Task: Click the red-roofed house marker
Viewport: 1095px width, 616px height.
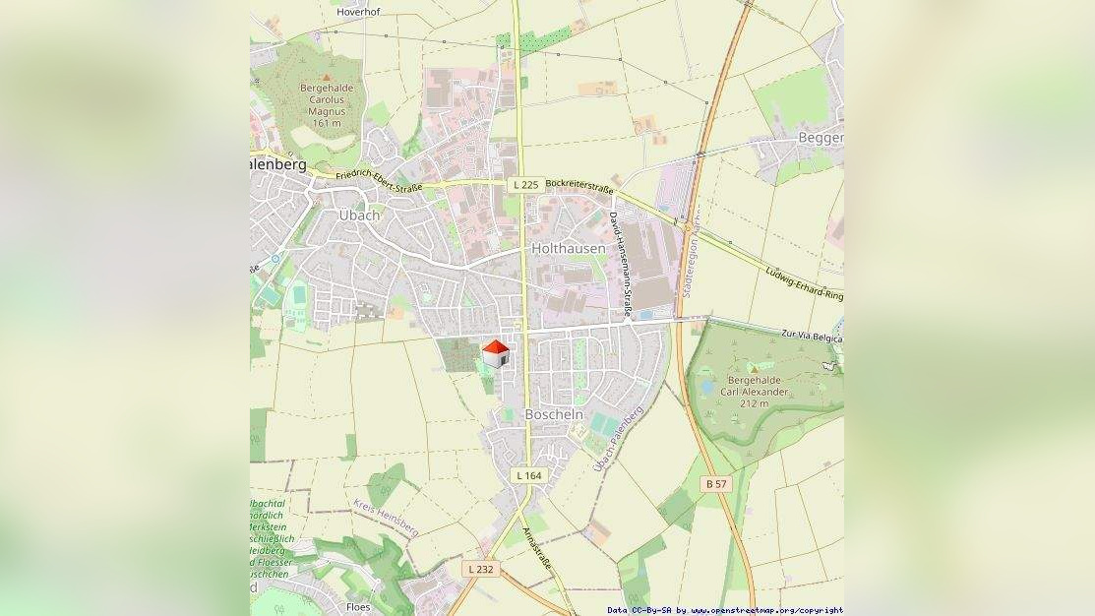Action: coord(496,353)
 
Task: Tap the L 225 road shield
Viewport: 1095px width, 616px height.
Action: coord(525,185)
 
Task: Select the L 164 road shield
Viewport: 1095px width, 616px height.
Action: coord(528,475)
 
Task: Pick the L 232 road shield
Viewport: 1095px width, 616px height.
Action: coord(480,569)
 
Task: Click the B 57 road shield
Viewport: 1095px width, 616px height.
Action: coord(716,484)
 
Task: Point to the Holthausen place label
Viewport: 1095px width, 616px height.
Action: coord(569,249)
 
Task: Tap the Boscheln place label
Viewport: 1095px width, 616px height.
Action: coord(554,414)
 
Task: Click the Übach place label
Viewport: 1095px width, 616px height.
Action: coord(359,216)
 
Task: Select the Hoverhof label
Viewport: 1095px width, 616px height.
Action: coord(358,12)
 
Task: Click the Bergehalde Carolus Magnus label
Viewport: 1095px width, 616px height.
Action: coord(326,99)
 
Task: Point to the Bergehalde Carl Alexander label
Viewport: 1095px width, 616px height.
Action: coord(756,392)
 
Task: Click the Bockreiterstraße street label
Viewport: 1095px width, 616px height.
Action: coord(579,186)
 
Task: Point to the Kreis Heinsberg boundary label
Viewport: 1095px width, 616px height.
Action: coord(386,518)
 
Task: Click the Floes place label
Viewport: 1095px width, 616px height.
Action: coord(358,607)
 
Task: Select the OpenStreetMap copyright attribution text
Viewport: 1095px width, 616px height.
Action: coord(724,610)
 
